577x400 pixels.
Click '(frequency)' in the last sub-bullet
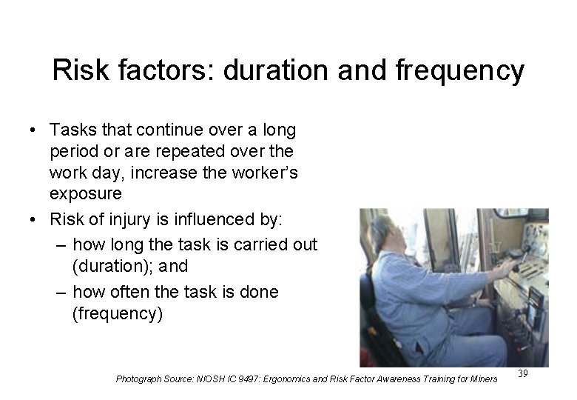point(117,313)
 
